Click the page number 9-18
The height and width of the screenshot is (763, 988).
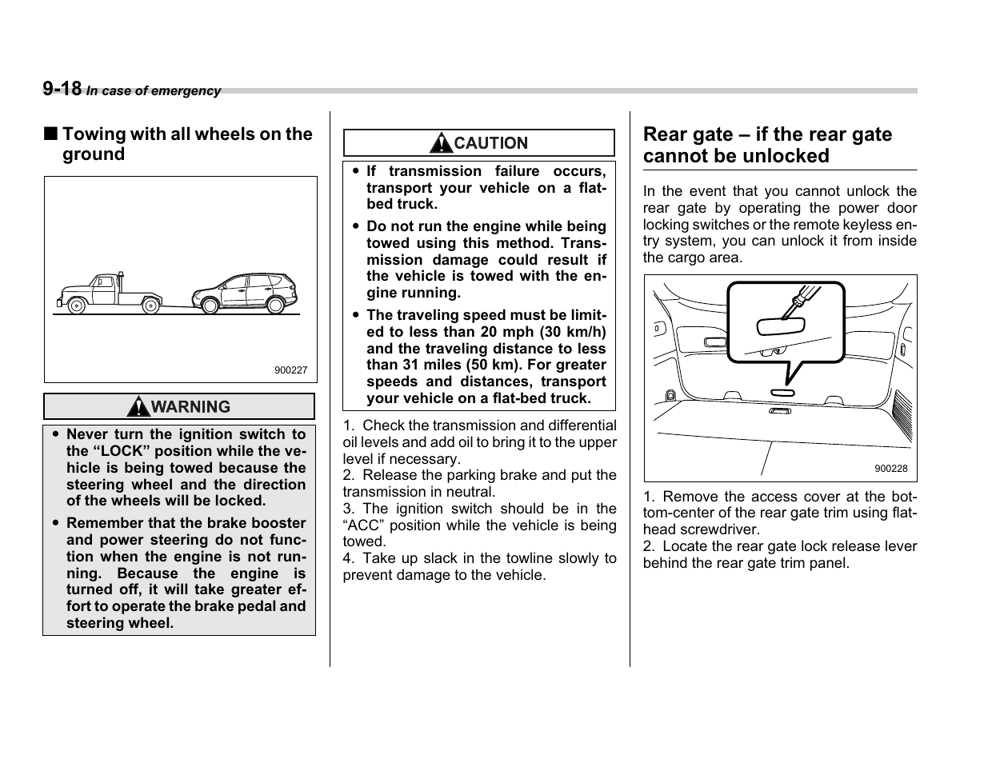[62, 89]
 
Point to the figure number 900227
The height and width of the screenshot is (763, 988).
[290, 371]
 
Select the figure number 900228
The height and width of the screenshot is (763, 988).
[890, 469]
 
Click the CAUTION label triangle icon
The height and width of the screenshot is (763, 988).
[441, 143]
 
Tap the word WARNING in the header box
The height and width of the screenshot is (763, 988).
[190, 407]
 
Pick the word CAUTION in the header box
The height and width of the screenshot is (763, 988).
[490, 143]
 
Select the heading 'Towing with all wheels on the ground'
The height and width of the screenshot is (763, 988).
[186, 144]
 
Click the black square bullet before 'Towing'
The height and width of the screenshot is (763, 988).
[50, 134]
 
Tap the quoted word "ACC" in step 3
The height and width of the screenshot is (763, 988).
[363, 525]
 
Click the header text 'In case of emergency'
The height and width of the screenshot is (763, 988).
[154, 91]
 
